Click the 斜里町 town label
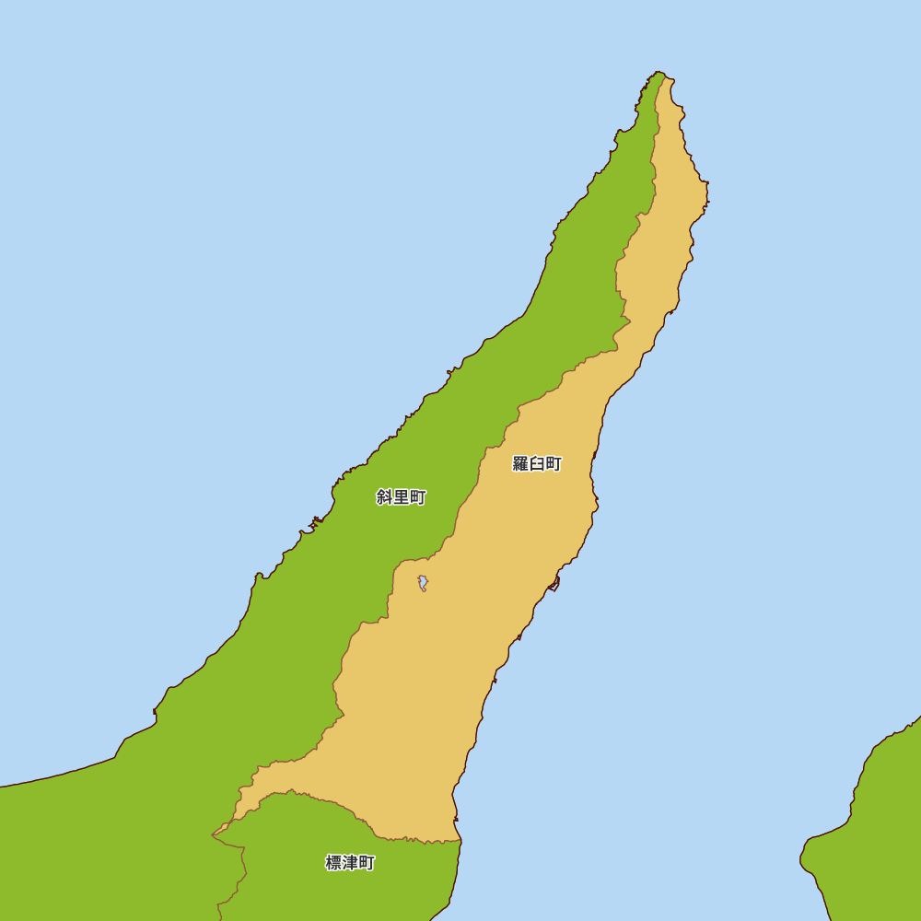point(401,497)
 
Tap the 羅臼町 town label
point(537,463)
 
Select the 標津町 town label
point(350,863)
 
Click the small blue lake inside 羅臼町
point(423,582)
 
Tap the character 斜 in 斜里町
point(384,497)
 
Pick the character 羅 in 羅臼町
point(520,463)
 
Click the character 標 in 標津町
point(333,863)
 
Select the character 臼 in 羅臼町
point(537,463)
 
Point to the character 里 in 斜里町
point(401,497)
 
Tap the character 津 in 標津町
point(350,863)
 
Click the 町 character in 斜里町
point(418,497)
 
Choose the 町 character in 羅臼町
point(554,463)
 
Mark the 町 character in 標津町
point(367,863)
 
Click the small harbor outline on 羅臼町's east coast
point(554,583)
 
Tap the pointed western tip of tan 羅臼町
point(215,834)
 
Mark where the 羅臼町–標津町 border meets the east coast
point(460,840)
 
